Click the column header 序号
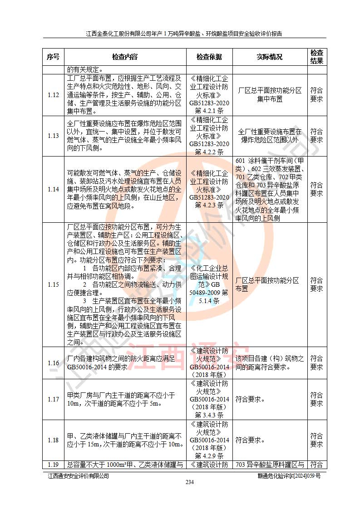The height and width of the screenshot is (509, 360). [53, 57]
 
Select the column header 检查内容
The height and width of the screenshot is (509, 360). [125, 57]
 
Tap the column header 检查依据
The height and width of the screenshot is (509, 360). [209, 57]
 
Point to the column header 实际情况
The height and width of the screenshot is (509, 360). [270, 57]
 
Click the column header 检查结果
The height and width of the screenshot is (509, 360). [316, 57]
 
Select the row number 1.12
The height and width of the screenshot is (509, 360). [53, 95]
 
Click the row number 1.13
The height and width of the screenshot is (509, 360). [53, 136]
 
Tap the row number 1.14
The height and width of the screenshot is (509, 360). [53, 189]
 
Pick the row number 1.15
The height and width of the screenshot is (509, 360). [53, 285]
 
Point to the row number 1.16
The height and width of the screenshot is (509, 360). [53, 363]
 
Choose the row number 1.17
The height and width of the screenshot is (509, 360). [53, 399]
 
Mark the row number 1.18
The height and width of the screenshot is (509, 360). [53, 440]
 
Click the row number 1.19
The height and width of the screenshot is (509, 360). [53, 465]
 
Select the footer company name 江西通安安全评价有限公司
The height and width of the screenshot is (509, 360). [79, 475]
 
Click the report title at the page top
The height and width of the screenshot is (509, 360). [184, 33]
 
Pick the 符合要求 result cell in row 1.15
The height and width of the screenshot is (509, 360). [316, 284]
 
